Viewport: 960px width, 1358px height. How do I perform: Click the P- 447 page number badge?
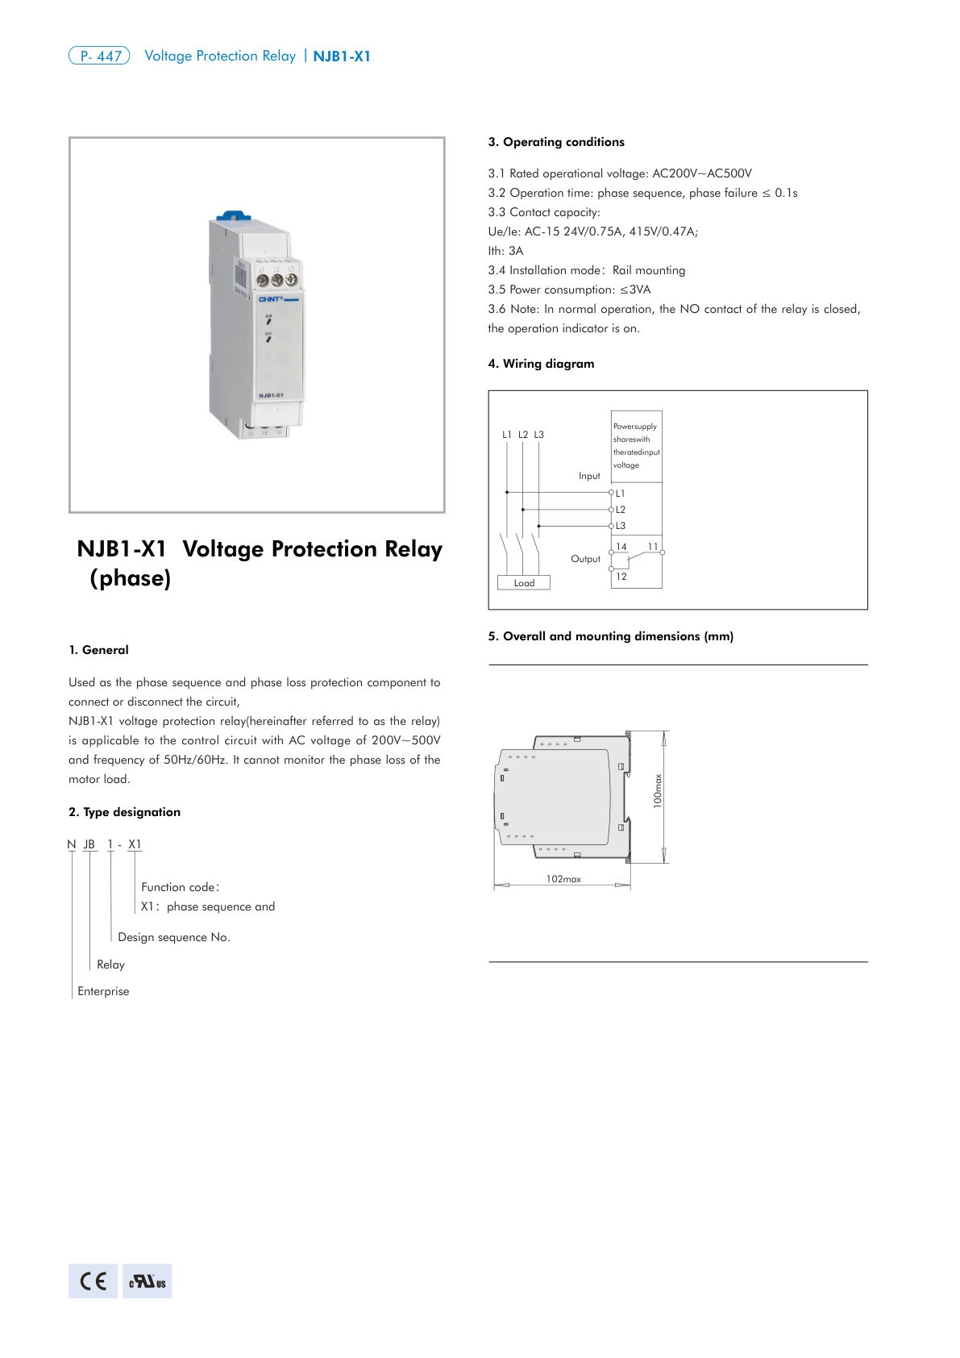pyautogui.click(x=99, y=56)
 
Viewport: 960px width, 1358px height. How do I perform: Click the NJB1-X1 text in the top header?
pyautogui.click(x=342, y=56)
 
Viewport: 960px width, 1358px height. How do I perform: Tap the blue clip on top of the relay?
pyautogui.click(x=231, y=216)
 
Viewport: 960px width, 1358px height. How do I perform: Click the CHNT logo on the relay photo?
pyautogui.click(x=271, y=299)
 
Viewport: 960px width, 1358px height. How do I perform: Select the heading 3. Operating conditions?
pyautogui.click(x=556, y=142)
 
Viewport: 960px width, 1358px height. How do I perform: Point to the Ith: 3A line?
pyautogui.click(x=505, y=251)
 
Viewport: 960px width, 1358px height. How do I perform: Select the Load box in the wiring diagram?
pyautogui.click(x=524, y=583)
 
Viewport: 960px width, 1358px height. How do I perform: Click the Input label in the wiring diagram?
pyautogui.click(x=589, y=476)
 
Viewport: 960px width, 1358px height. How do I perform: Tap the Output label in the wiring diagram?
pyautogui.click(x=585, y=559)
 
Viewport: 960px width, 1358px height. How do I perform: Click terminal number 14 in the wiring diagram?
pyautogui.click(x=621, y=547)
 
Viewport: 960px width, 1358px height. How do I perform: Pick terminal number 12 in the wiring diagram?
pyautogui.click(x=621, y=577)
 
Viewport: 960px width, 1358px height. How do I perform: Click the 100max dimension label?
pyautogui.click(x=657, y=791)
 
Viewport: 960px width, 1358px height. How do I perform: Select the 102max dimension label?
pyautogui.click(x=563, y=879)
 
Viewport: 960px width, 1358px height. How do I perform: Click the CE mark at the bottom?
pyautogui.click(x=93, y=1281)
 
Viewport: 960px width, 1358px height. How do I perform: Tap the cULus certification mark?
pyautogui.click(x=148, y=1281)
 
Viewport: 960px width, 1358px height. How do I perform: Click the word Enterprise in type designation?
pyautogui.click(x=103, y=991)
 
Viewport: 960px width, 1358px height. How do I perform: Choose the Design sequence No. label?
pyautogui.click(x=174, y=937)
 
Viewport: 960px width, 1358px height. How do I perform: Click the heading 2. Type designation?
pyautogui.click(x=125, y=812)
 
